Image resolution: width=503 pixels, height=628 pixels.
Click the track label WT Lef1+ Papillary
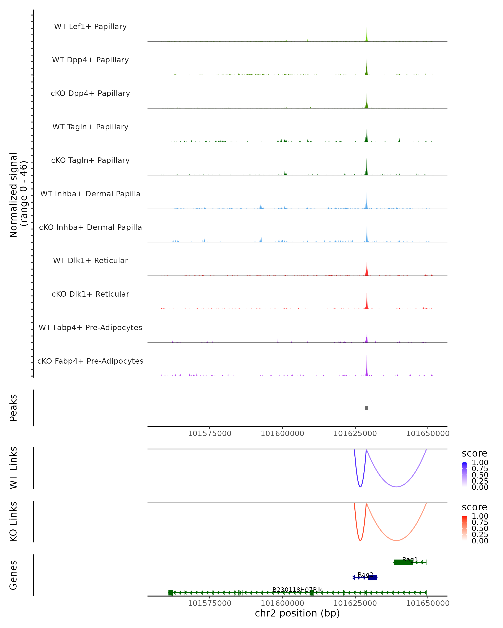(90, 27)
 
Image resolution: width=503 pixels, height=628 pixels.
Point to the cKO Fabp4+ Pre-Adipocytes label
(90, 361)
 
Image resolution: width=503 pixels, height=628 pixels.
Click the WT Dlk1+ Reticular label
(90, 260)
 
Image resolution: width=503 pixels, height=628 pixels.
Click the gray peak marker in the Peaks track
(366, 408)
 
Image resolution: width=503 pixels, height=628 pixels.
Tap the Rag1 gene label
(410, 559)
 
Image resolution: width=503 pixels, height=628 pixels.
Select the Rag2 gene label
(365, 574)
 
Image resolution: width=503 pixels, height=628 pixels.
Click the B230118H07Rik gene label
(297, 589)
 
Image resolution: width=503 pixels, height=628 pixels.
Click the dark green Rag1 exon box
(403, 562)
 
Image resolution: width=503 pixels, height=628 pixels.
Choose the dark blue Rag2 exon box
(372, 578)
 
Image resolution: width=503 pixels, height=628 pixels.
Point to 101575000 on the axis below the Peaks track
(209, 434)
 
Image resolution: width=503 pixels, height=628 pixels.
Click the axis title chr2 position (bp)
(297, 613)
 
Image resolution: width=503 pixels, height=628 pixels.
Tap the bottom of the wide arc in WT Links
(396, 487)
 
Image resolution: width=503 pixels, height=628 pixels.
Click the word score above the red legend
(474, 507)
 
